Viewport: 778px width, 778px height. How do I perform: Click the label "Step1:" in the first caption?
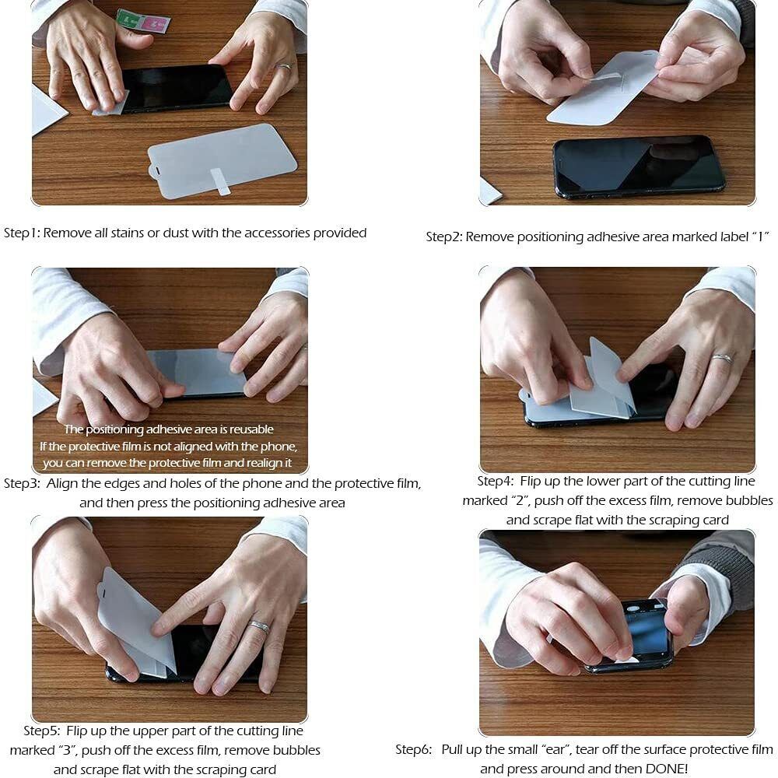point(22,233)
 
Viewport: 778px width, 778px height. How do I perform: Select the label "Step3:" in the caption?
point(22,483)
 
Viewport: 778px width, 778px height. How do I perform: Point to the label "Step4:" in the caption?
point(496,481)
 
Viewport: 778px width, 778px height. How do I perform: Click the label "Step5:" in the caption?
point(42,731)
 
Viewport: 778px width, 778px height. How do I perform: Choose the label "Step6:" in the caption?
point(414,749)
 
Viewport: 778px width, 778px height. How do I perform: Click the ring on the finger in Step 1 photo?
point(283,67)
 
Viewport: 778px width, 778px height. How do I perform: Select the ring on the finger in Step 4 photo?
point(722,358)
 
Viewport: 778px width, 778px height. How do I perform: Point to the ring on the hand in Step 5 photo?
point(259,626)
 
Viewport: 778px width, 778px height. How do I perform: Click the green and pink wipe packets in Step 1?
point(143,21)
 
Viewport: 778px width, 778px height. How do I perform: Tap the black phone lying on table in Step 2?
point(639,166)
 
